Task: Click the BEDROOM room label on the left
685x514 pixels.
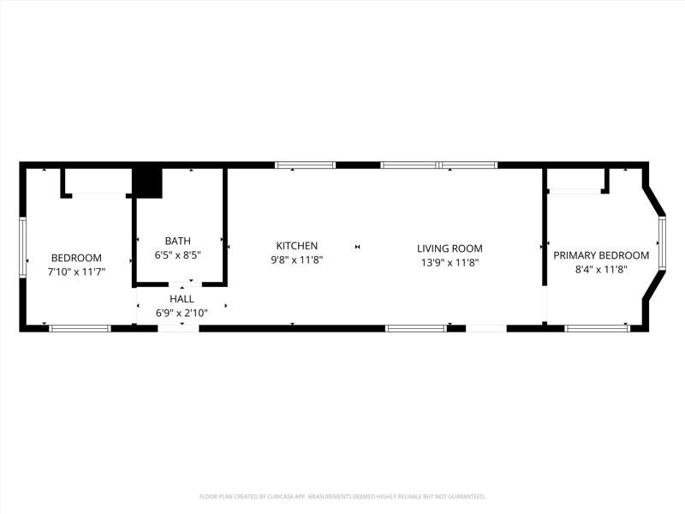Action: pyautogui.click(x=76, y=258)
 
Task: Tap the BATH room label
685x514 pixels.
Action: pyautogui.click(x=178, y=241)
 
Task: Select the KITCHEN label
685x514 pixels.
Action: pyautogui.click(x=296, y=246)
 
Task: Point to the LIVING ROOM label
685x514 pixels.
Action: pyautogui.click(x=450, y=248)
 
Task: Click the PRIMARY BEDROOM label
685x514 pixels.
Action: pyautogui.click(x=601, y=255)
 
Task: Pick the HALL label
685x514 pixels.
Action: pyautogui.click(x=182, y=299)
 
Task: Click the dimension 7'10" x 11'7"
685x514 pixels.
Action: pyautogui.click(x=76, y=272)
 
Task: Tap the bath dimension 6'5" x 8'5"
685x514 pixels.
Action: pyautogui.click(x=177, y=254)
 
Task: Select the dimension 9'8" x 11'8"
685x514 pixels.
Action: pyautogui.click(x=296, y=260)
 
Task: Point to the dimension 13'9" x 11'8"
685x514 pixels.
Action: pyautogui.click(x=450, y=263)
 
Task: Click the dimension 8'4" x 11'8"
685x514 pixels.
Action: pyautogui.click(x=601, y=269)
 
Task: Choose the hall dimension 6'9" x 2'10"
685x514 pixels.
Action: pyautogui.click(x=182, y=313)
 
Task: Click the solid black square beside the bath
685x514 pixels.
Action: pyautogui.click(x=147, y=183)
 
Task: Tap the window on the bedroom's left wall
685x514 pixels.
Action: pyautogui.click(x=23, y=247)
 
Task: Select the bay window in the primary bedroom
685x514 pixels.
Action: pyautogui.click(x=662, y=242)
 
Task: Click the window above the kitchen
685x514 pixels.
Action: pyautogui.click(x=305, y=164)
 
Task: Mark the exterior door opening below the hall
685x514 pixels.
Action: pyautogui.click(x=178, y=328)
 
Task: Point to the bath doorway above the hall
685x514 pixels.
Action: pyautogui.click(x=185, y=284)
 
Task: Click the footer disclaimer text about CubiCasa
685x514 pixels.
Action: pyautogui.click(x=342, y=497)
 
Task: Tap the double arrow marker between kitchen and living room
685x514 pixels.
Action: pyautogui.click(x=357, y=247)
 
